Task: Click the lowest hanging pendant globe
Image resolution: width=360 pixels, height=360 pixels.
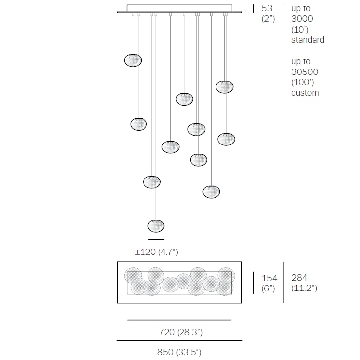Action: pyautogui.click(x=156, y=226)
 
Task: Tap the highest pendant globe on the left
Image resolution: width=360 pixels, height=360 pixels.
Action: pyautogui.click(x=133, y=60)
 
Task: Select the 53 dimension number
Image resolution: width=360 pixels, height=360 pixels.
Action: pyautogui.click(x=267, y=8)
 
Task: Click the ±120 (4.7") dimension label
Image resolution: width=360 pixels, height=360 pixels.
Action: pyautogui.click(x=156, y=252)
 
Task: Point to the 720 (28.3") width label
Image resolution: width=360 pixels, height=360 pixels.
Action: pyautogui.click(x=180, y=333)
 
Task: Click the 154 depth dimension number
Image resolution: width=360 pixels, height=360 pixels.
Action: pyautogui.click(x=270, y=278)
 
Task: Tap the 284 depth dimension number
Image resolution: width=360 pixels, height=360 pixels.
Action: pyautogui.click(x=299, y=278)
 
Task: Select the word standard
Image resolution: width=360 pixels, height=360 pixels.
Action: pyautogui.click(x=308, y=40)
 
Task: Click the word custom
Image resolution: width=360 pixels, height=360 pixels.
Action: pyautogui.click(x=305, y=93)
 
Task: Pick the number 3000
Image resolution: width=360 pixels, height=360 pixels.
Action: pyautogui.click(x=302, y=19)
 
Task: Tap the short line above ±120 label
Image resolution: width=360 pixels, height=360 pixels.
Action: pyautogui.click(x=156, y=239)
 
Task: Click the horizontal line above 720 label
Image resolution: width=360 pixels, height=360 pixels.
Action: pyautogui.click(x=180, y=320)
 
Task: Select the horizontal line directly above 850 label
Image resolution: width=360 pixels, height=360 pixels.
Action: pyautogui.click(x=180, y=341)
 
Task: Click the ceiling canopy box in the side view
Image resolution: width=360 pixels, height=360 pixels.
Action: pyautogui.click(x=180, y=8)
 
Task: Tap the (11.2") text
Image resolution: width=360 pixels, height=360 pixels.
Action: pyautogui.click(x=304, y=288)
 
